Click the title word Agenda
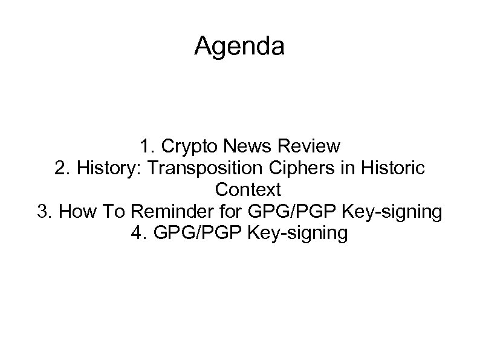point(239,46)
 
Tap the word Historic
point(389,169)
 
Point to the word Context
point(248,190)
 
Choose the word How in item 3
point(76,212)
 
